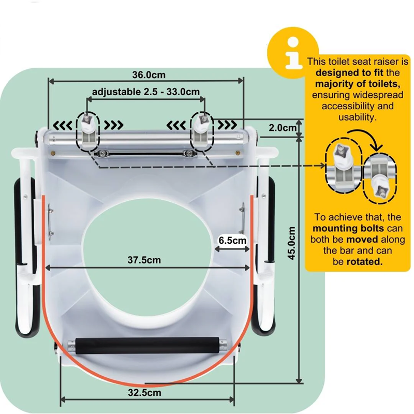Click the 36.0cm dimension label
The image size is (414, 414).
coord(145,74)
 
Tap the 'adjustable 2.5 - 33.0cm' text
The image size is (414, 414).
coord(145,92)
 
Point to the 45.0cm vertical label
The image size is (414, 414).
coord(292,243)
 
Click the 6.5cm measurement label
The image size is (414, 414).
coord(232,240)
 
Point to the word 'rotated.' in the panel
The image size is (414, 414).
coord(366,262)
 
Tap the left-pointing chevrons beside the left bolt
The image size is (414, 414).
coord(64,125)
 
